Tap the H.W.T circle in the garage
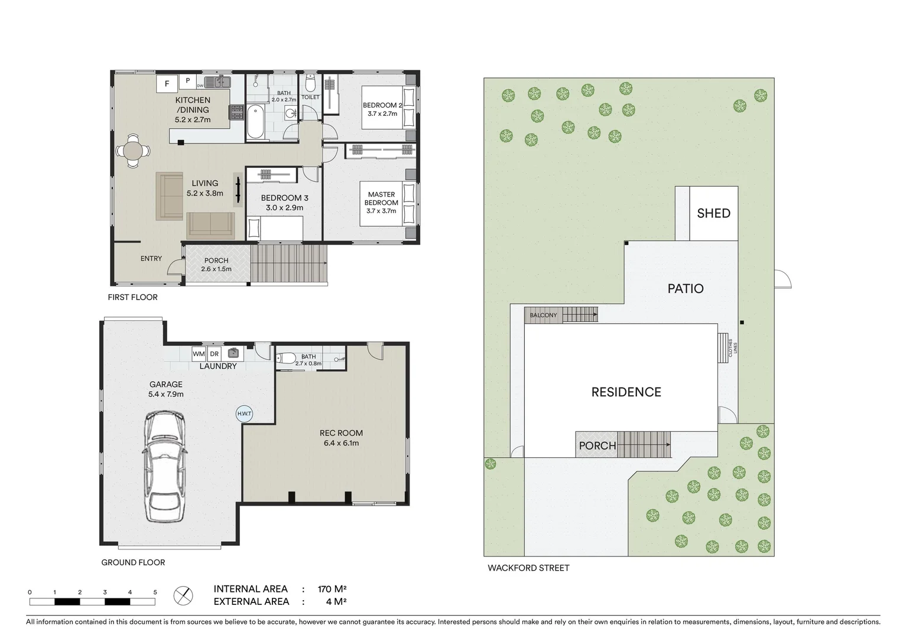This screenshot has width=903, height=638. [x=244, y=414]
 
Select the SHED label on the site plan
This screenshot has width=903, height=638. [x=713, y=213]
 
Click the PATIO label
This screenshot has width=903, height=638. [x=686, y=288]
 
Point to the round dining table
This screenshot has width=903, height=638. [x=133, y=151]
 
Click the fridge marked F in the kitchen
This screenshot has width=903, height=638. [x=167, y=84]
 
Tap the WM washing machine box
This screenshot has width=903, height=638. [x=199, y=354]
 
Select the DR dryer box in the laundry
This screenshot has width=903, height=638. [x=215, y=354]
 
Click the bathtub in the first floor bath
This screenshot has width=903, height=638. [x=255, y=121]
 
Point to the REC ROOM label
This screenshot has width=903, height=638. [x=341, y=433]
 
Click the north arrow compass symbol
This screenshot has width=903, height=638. [x=183, y=595]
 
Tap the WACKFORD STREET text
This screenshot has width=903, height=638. [x=528, y=568]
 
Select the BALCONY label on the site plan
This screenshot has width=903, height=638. [x=543, y=315]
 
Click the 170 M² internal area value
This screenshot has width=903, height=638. [x=332, y=589]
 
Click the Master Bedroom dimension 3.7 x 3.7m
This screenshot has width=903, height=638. [x=381, y=211]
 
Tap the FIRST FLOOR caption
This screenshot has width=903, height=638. [x=132, y=297]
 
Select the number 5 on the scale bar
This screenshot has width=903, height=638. [x=155, y=592]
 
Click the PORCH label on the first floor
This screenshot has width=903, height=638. [x=216, y=261]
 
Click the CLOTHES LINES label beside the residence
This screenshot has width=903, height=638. [x=732, y=347]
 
